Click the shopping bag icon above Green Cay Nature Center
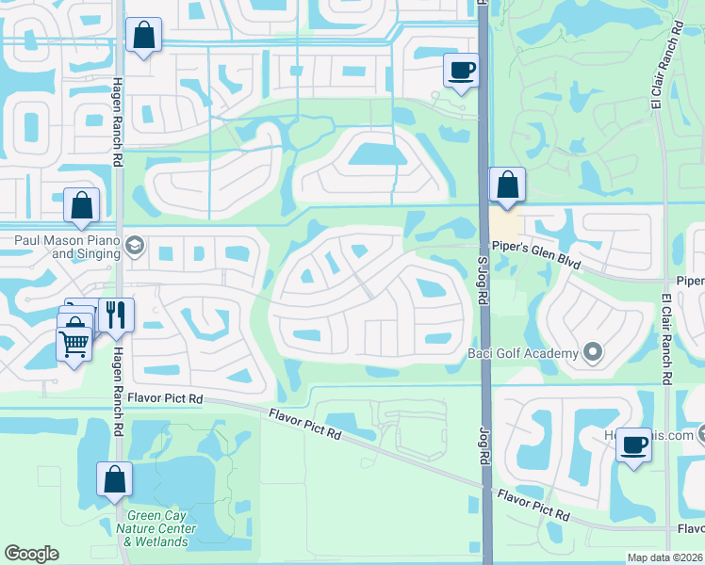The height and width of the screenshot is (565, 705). (x=114, y=478)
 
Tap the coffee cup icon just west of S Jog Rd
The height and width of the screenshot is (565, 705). (x=461, y=71)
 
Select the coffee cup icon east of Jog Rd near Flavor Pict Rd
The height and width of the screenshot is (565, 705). (x=634, y=444)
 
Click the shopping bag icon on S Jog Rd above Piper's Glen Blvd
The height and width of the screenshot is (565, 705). (x=507, y=185)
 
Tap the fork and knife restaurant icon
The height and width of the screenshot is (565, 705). (x=116, y=315)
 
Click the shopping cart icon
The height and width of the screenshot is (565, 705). (x=74, y=343)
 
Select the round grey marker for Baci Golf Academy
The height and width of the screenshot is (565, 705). (x=592, y=353)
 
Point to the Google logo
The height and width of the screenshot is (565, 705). (x=31, y=554)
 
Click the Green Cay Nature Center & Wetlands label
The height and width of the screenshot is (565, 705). (x=156, y=528)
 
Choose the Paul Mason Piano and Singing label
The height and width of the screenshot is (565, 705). (x=66, y=247)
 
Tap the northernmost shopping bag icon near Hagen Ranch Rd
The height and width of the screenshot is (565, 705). (x=143, y=36)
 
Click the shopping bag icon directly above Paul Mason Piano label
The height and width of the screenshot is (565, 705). (x=82, y=204)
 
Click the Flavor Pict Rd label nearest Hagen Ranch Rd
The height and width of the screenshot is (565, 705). (x=168, y=399)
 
